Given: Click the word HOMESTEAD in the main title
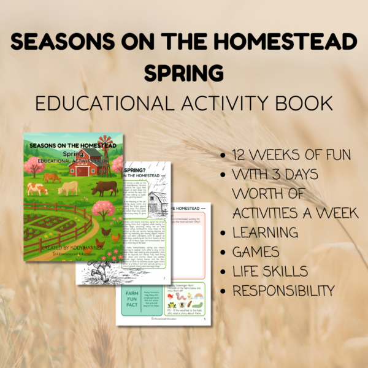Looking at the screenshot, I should [x=291, y=43].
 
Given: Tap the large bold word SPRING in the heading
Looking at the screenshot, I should [x=184, y=72].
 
